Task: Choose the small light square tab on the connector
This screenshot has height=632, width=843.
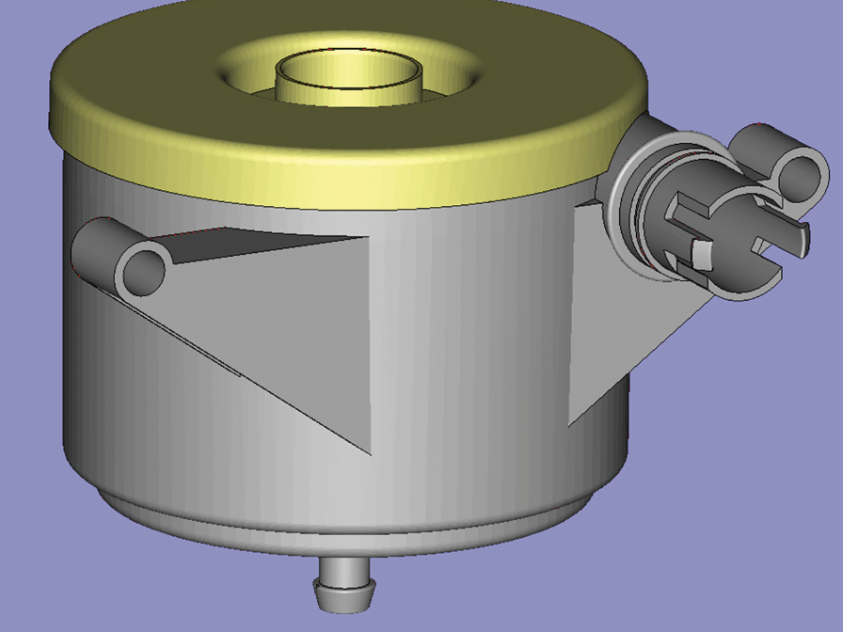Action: tap(701, 252)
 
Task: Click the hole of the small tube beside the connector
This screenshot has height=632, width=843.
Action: tap(801, 177)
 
